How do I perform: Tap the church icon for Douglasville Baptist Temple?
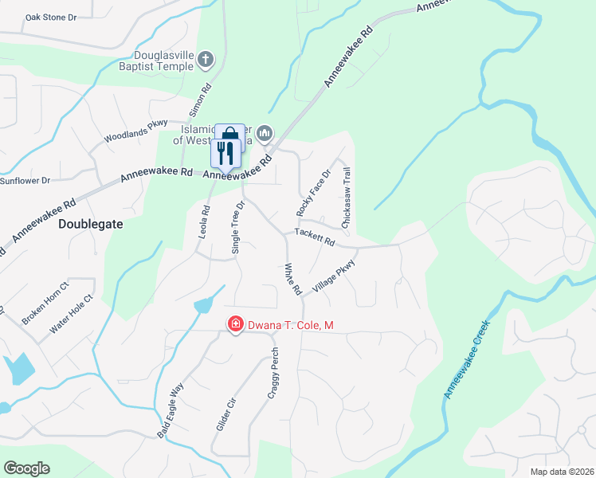pos(206,59)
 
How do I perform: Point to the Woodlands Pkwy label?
pos(135,131)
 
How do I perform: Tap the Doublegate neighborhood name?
pos(91,225)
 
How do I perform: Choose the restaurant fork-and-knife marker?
pos(225,151)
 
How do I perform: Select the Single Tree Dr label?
pos(237,227)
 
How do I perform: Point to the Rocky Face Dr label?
pos(313,194)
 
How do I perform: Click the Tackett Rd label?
pos(314,237)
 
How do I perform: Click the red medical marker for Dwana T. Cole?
pos(236,323)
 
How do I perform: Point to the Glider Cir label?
pos(225,413)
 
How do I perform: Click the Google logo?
pos(26,468)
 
